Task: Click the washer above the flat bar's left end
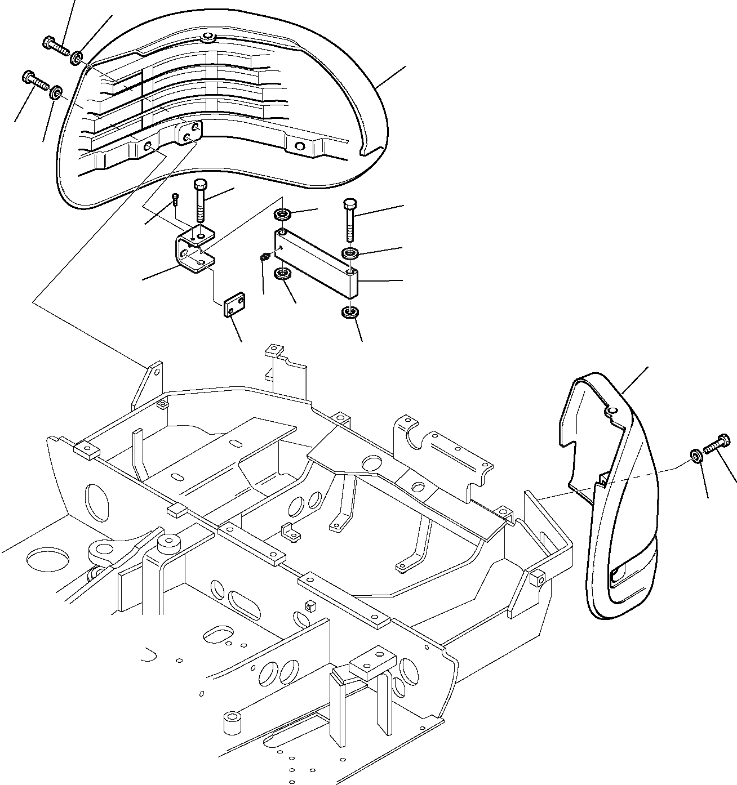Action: (x=282, y=215)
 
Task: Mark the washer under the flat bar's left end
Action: (x=282, y=274)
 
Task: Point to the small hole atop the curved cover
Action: (x=207, y=38)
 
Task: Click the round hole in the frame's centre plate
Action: (x=372, y=465)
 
